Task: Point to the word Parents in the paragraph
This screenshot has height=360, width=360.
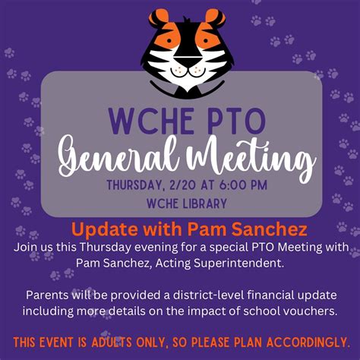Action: (47, 295)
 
